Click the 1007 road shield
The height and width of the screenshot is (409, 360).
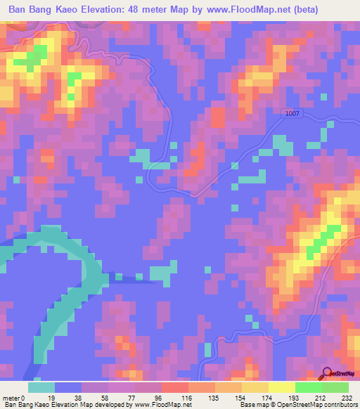coord(293,114)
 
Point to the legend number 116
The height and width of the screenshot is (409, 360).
coord(187,398)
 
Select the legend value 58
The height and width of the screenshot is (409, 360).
coord(107,398)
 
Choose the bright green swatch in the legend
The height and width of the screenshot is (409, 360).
coord(308,387)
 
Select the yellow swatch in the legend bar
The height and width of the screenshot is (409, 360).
coord(281,387)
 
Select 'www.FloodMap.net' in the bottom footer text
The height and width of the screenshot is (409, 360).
coord(153,405)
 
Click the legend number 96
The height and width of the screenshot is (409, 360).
coord(160,398)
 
